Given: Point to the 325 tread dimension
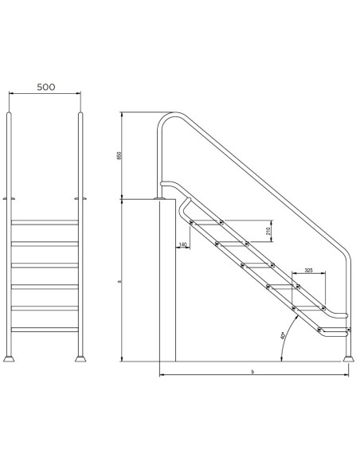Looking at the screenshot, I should point(308,270).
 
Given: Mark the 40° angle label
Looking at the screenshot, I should point(282,337).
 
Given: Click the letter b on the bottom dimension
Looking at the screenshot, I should point(252,371).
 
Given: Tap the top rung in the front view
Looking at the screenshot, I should point(45,221).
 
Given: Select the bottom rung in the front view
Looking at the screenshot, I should point(45,328).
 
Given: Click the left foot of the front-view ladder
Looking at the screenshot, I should point(10,358).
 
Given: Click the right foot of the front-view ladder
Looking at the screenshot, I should point(80,358).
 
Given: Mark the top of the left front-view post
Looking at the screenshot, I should point(10,115).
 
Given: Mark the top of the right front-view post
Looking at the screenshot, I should point(80,115).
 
